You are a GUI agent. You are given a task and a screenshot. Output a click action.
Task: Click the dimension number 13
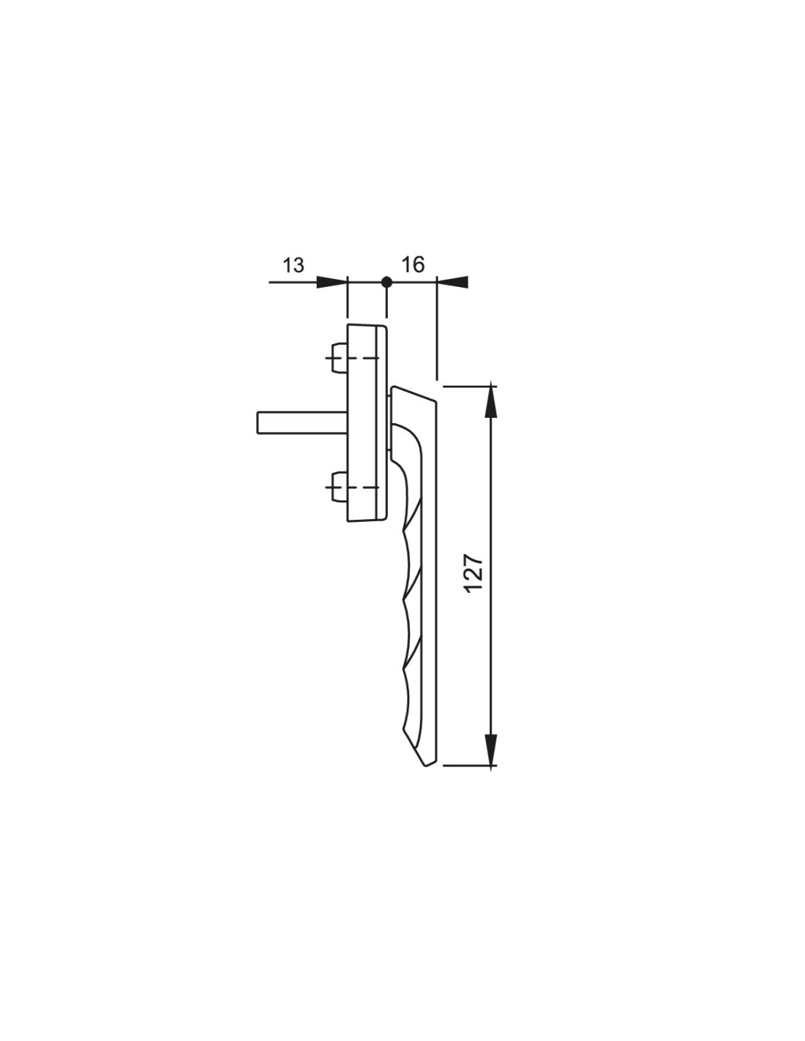pyautogui.click(x=293, y=265)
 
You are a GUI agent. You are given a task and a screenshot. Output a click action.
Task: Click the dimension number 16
pyautogui.click(x=413, y=264)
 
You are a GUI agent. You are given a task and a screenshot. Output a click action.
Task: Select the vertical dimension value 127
pyautogui.click(x=474, y=574)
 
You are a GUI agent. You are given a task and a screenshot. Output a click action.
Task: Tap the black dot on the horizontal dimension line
pyautogui.click(x=387, y=282)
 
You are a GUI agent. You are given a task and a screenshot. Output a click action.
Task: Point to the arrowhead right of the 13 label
pyautogui.click(x=332, y=282)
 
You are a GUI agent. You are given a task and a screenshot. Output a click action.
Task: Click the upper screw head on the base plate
pyautogui.click(x=339, y=357)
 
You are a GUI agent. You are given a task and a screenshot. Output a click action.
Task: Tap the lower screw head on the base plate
pyautogui.click(x=339, y=488)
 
